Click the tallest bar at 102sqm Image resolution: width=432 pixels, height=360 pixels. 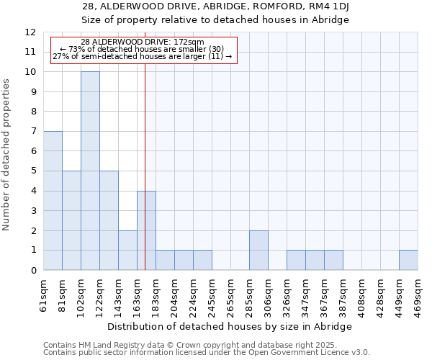(x=90, y=171)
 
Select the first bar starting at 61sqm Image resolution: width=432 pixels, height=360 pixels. (x=53, y=201)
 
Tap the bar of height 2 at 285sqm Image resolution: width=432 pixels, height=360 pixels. (x=258, y=251)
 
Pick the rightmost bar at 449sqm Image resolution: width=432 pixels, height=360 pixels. (x=408, y=260)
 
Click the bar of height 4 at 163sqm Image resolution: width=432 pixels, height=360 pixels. (x=146, y=230)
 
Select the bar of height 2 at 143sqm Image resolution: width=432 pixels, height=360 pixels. (x=127, y=251)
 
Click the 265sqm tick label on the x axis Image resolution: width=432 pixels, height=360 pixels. (x=231, y=297)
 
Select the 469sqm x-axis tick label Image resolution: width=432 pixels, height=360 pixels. (x=418, y=297)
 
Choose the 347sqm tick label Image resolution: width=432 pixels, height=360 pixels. (x=306, y=297)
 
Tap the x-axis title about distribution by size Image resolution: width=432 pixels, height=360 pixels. (x=230, y=327)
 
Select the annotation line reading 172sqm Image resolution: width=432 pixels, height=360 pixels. (x=143, y=42)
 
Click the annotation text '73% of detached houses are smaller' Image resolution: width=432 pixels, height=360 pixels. (x=143, y=49)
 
